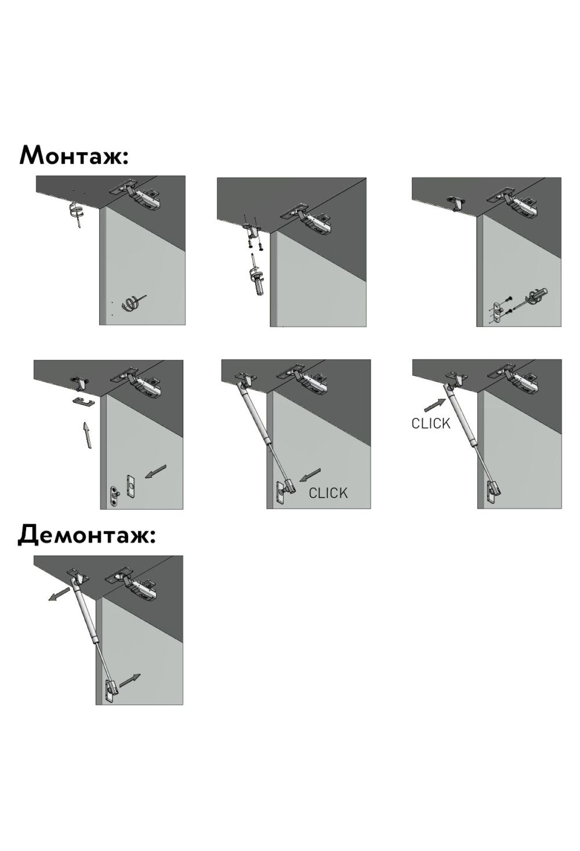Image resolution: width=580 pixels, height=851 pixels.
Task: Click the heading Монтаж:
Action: coord(74,155)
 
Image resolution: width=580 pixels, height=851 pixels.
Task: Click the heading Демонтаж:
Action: coord(87,535)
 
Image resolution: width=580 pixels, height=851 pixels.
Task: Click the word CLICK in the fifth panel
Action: coord(328,493)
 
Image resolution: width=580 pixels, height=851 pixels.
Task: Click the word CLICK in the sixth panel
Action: coord(431,423)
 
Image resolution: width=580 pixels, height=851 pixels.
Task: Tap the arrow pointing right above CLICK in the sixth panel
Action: coord(435,405)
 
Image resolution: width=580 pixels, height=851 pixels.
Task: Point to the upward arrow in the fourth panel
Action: coord(87,435)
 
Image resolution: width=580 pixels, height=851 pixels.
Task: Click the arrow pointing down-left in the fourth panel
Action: coord(156,471)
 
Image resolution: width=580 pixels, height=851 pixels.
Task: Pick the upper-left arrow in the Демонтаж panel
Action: coord(59,594)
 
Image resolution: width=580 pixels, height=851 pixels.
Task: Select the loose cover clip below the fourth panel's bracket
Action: coord(84,401)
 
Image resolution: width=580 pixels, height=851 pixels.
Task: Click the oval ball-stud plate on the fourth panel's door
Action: coord(114,497)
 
